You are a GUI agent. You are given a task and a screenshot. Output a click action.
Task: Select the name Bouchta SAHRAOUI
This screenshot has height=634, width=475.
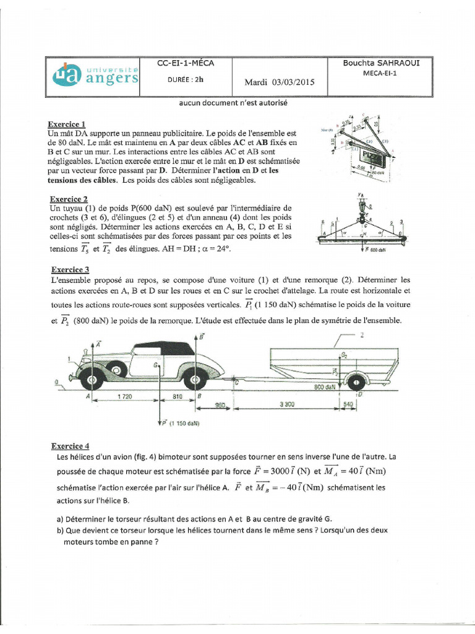(381, 63)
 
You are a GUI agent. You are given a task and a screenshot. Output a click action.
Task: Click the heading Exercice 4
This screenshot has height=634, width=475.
(70, 446)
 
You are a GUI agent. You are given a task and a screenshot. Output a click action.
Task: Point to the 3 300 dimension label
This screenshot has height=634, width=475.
(286, 404)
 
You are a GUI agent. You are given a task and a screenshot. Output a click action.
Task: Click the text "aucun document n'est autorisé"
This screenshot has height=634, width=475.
(225, 103)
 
